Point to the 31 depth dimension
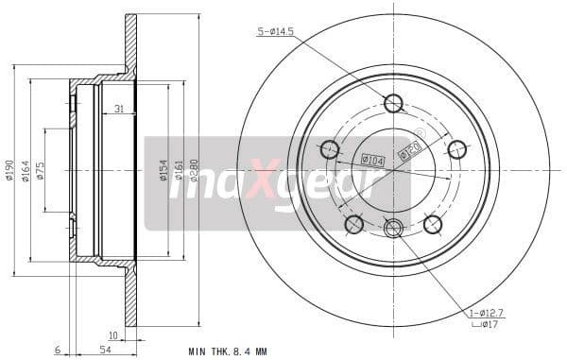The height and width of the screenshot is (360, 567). [118, 110]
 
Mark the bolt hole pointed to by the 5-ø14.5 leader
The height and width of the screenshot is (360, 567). [393, 103]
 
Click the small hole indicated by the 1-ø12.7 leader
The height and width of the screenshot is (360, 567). [393, 226]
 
